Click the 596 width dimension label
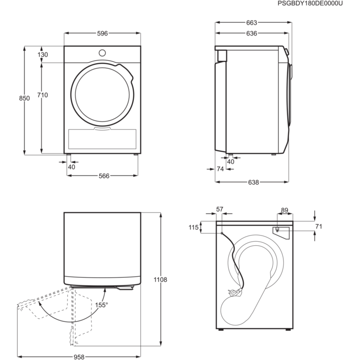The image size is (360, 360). [102, 33]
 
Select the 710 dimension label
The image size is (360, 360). [43, 95]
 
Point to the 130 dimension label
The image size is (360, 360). [43, 55]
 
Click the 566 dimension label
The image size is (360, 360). [104, 176]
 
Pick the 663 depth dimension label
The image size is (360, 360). [251, 23]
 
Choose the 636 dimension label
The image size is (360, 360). [251, 33]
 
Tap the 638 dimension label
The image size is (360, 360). [254, 182]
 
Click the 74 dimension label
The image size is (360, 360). [220, 169]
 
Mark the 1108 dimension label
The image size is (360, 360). [160, 280]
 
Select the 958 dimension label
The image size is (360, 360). [78, 355]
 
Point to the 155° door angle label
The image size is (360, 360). [101, 305]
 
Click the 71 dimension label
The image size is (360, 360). [318, 227]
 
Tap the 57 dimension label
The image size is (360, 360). [220, 209]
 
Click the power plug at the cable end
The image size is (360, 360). [235, 292]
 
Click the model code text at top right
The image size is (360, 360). [310, 4]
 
